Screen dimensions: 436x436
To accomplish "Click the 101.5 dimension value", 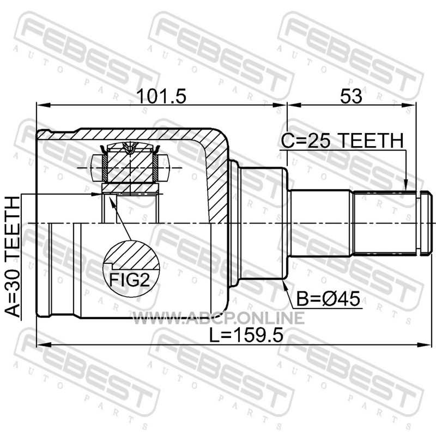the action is pyautogui.click(x=162, y=96).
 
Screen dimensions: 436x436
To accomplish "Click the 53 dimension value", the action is pyautogui.click(x=351, y=96).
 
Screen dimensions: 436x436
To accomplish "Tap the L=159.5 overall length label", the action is pyautogui.click(x=246, y=335).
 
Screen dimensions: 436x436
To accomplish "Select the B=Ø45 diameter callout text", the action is pyautogui.click(x=328, y=299).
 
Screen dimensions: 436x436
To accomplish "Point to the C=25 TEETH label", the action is pyautogui.click(x=342, y=141).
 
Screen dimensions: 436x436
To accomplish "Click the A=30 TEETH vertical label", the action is pyautogui.click(x=13, y=257).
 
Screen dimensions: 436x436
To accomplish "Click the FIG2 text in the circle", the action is pyautogui.click(x=130, y=280).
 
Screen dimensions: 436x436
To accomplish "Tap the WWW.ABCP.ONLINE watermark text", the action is pyautogui.click(x=219, y=318).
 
